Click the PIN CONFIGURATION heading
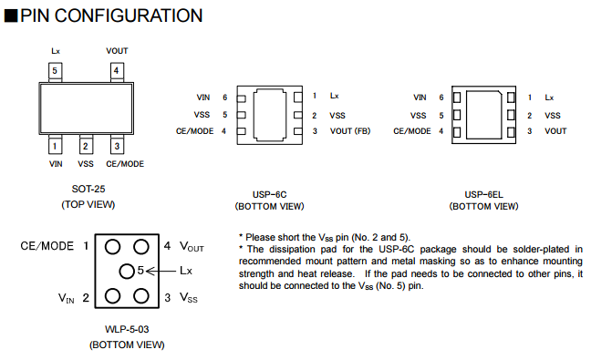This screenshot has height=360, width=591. pyautogui.click(x=111, y=15)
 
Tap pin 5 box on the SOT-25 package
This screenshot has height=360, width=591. pyautogui.click(x=55, y=71)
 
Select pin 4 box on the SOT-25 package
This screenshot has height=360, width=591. pyautogui.click(x=117, y=71)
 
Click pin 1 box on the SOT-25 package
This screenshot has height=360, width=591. pyautogui.click(x=55, y=146)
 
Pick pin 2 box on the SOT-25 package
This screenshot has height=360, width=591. pyautogui.click(x=86, y=146)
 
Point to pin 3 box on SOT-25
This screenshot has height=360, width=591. pyautogui.click(x=117, y=146)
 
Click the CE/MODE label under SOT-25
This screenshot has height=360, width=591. pyautogui.click(x=125, y=164)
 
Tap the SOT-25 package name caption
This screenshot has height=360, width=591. pyautogui.click(x=88, y=189)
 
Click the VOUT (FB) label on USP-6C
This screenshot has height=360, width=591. pyautogui.click(x=350, y=131)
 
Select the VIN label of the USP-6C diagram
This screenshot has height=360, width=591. pyautogui.click(x=203, y=98)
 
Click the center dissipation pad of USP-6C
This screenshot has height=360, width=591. pyautogui.click(x=269, y=115)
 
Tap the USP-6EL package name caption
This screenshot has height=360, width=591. pyautogui.click(x=483, y=195)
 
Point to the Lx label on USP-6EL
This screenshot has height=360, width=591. pyautogui.click(x=549, y=98)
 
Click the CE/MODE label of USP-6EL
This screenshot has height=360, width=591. pyautogui.click(x=412, y=131)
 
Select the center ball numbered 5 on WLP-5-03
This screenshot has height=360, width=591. pyautogui.click(x=127, y=271)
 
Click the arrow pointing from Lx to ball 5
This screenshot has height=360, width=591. pyautogui.click(x=161, y=271)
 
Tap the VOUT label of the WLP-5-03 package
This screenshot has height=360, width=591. pyautogui.click(x=192, y=247)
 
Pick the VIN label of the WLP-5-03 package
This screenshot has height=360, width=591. pyautogui.click(x=67, y=298)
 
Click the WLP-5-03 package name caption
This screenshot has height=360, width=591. pyautogui.click(x=127, y=330)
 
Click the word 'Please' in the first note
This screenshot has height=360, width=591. pyautogui.click(x=257, y=238)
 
